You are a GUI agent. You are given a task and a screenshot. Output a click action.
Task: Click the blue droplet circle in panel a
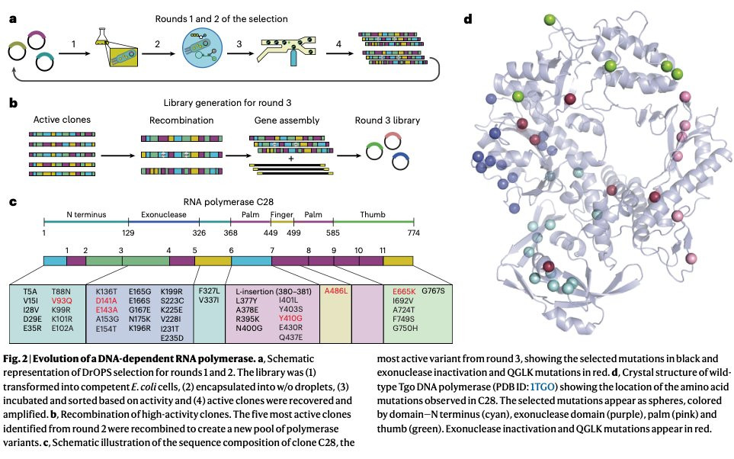(202, 48)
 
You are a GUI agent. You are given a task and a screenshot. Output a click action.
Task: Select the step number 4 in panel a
(338, 44)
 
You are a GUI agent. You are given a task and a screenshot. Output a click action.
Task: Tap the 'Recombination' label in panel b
(181, 120)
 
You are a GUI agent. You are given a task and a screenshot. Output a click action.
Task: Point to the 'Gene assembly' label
(287, 120)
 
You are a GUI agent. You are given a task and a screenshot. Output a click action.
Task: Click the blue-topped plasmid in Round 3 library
(401, 161)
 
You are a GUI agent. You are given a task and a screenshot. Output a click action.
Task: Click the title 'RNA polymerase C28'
(229, 202)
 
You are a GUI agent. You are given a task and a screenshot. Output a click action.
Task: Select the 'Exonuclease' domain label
(164, 214)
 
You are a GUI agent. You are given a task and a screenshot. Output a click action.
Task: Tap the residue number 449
(271, 233)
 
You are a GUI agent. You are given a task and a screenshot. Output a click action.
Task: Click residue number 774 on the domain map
(414, 233)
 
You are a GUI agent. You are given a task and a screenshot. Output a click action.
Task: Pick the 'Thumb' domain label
(373, 214)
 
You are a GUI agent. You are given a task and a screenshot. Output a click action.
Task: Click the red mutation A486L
(336, 290)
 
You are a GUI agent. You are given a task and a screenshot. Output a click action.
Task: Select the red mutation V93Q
(62, 300)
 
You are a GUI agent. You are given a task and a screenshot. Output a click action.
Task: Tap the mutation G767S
(433, 290)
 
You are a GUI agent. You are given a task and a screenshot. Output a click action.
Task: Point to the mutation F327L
(209, 290)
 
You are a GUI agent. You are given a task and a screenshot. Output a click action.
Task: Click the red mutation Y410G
(290, 319)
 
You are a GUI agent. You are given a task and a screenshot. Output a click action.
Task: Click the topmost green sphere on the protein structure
(550, 20)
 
